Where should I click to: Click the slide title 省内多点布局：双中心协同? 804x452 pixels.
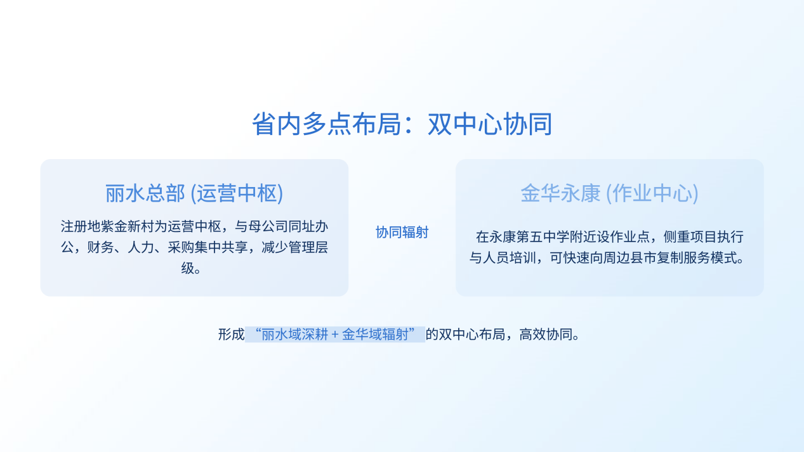point(402,124)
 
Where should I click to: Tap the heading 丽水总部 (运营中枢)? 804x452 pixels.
point(194,193)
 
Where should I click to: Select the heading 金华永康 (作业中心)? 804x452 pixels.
point(609,193)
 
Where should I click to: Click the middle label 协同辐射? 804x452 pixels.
point(402,232)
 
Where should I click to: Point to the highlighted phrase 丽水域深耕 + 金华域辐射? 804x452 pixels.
point(335,335)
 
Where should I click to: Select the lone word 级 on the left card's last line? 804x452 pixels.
point(188,268)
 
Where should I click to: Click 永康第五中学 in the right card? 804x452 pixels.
point(529,237)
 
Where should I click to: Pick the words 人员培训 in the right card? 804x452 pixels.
point(510,258)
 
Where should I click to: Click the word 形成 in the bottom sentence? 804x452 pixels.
point(232,335)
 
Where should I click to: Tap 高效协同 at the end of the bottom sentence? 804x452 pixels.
point(546,335)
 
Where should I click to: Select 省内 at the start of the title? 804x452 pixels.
point(277,124)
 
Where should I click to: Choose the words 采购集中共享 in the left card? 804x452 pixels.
point(208,247)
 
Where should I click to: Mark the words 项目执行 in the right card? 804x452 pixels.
point(717,237)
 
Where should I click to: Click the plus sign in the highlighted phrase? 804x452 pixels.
point(335,335)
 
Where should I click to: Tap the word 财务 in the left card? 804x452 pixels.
point(100,247)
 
